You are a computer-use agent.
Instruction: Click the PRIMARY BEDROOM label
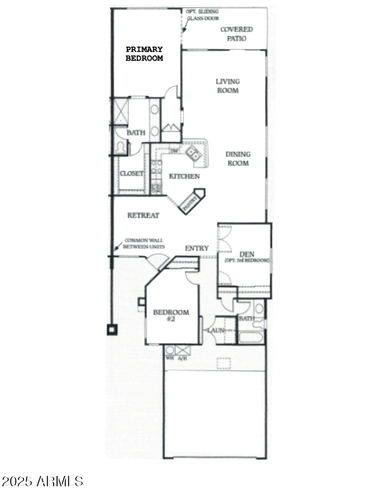point(144,54)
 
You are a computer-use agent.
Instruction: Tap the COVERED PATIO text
point(236,33)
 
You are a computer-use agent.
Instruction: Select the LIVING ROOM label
point(227,86)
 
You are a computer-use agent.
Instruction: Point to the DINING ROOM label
point(238,158)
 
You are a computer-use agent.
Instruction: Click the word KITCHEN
point(184,176)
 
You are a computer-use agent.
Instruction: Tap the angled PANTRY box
point(191,202)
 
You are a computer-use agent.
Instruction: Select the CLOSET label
point(131,174)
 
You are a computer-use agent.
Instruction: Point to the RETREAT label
point(143,216)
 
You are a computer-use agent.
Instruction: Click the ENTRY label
point(196,249)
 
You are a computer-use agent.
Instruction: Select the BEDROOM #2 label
point(171,315)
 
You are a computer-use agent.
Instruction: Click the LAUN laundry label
point(216,330)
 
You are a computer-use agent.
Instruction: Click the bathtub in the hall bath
point(251,338)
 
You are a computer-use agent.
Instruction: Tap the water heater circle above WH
point(169,350)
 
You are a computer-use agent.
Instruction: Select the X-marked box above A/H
point(183,350)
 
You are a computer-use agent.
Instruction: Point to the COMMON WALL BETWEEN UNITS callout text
point(144,244)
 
